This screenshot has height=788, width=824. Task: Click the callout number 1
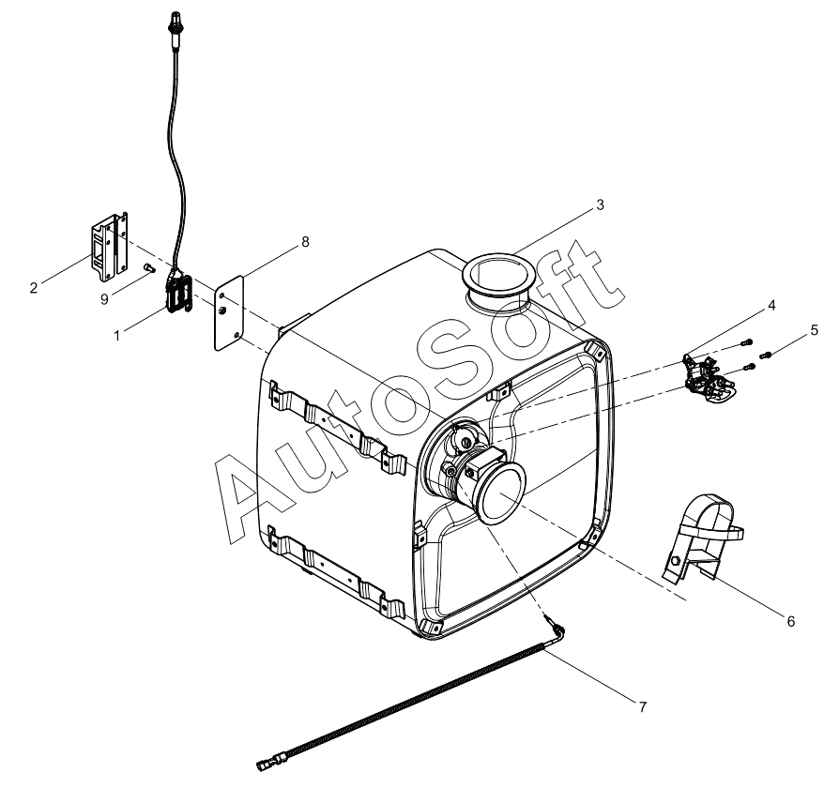[117, 335]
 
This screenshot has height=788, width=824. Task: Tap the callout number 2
[34, 288]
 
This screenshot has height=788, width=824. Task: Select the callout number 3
[600, 205]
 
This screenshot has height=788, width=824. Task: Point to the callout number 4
[771, 305]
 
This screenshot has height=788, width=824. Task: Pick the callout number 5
[814, 330]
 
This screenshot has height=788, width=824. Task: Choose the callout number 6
[791, 621]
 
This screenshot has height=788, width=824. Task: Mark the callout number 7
[642, 707]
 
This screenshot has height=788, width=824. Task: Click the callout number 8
[305, 242]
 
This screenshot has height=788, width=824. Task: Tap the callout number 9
[104, 299]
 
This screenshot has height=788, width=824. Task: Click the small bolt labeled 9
[149, 268]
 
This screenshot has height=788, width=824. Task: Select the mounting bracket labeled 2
[110, 247]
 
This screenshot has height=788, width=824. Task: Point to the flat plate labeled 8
[229, 312]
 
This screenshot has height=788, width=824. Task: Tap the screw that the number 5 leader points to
[765, 356]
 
